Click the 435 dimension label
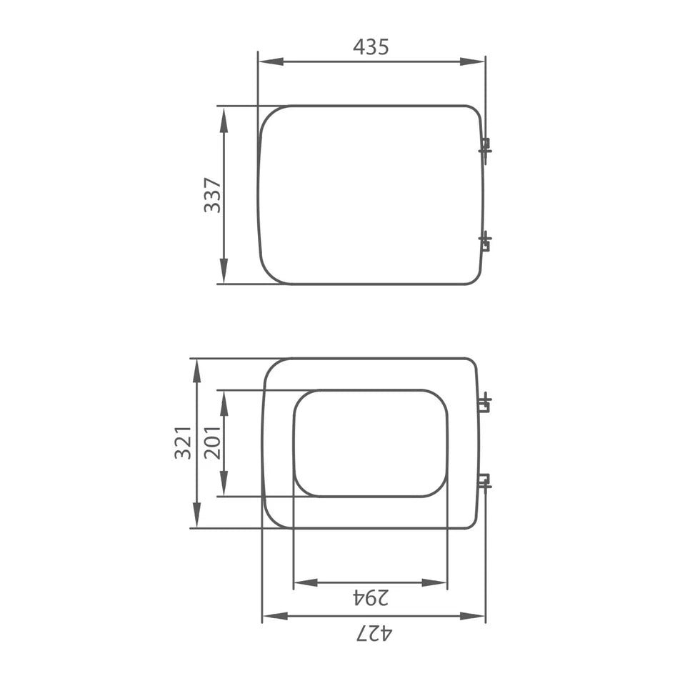[x=371, y=47]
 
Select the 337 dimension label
[x=212, y=195]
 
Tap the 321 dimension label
[x=183, y=442]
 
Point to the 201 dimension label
[x=212, y=442]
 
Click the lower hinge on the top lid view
[x=485, y=242]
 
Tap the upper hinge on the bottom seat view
[x=484, y=403]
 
